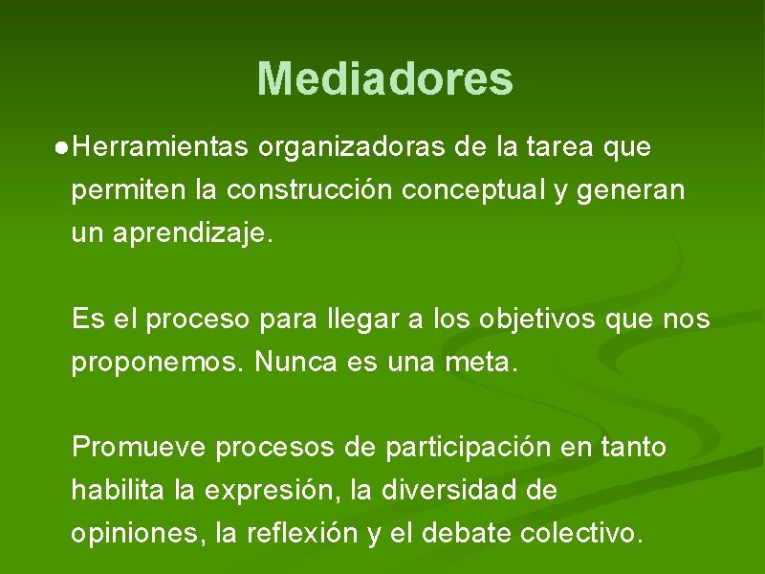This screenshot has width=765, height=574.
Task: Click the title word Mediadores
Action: point(384,79)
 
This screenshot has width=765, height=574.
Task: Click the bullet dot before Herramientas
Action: point(61,148)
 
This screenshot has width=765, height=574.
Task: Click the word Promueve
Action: point(140,447)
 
